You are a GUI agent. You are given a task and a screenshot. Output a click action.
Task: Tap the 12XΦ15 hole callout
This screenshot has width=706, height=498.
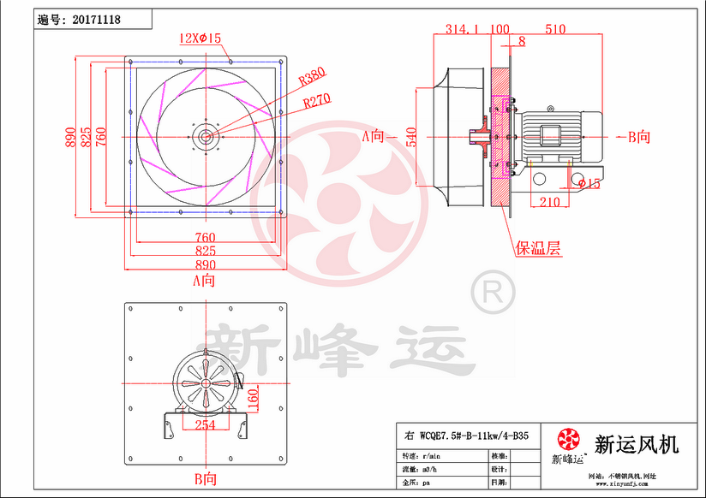pyautogui.click(x=200, y=39)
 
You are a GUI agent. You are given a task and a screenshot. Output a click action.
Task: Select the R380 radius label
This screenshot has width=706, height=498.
pyautogui.click(x=314, y=79)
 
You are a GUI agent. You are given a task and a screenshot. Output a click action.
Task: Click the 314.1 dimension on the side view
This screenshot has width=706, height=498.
pyautogui.click(x=462, y=29)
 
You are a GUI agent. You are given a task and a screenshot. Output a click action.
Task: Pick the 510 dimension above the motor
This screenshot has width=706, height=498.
pyautogui.click(x=554, y=29)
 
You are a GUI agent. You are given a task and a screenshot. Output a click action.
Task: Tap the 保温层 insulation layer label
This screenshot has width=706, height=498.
pyautogui.click(x=537, y=249)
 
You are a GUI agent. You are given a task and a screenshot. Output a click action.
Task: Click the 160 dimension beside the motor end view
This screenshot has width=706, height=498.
pyautogui.click(x=254, y=399)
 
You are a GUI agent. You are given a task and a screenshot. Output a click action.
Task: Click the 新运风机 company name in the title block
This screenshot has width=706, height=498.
pyautogui.click(x=636, y=444)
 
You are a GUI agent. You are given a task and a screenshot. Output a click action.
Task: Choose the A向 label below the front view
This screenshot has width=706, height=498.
pyautogui.click(x=203, y=280)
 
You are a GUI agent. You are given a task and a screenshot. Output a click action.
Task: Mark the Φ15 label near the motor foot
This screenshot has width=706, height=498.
pyautogui.click(x=589, y=182)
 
